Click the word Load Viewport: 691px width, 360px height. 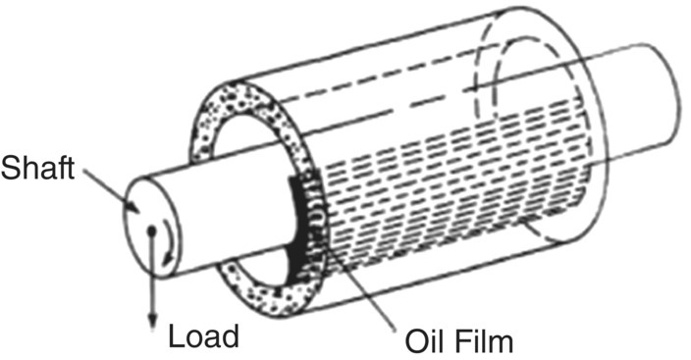204,336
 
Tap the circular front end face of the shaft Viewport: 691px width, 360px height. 151,222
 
